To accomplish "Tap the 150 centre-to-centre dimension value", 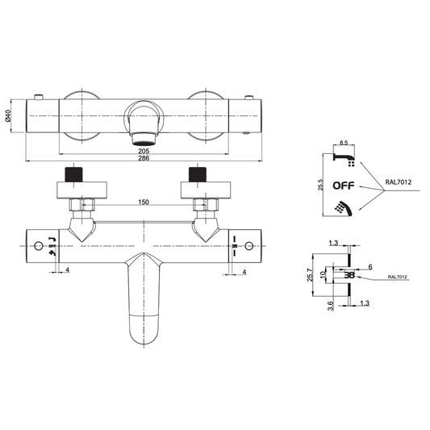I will (142, 202).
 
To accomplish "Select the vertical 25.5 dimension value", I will (322, 185).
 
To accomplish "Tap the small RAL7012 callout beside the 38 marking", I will (396, 277).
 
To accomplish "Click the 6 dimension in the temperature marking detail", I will (369, 266).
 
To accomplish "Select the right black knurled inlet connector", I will (195, 174).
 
